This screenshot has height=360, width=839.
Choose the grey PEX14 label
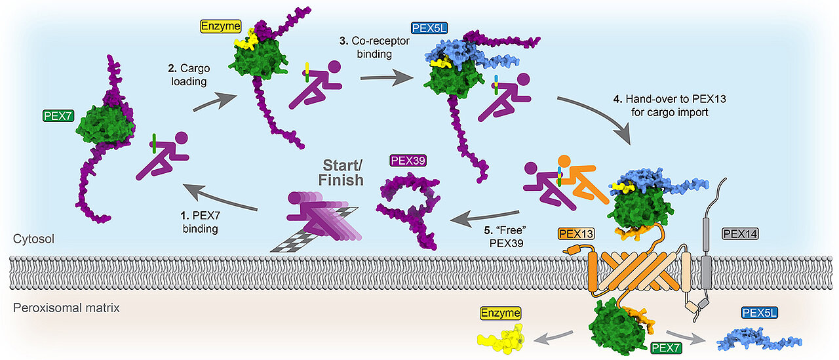pyautogui.click(x=739, y=233)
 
